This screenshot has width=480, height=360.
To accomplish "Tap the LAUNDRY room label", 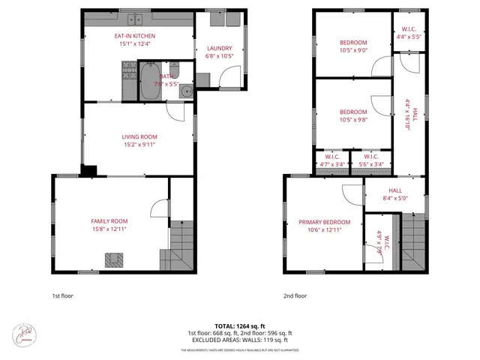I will [219, 49].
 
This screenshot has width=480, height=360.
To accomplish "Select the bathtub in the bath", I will [147, 81].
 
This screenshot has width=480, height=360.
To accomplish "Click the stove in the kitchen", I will [127, 71].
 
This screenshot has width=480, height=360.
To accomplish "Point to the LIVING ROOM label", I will [138, 136].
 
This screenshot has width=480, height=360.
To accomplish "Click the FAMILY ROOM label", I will [109, 221].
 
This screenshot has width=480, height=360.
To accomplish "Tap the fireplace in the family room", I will [114, 259].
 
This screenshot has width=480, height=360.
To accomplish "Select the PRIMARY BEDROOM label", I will [325, 222].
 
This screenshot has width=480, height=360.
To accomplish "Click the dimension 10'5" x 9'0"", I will [352, 51].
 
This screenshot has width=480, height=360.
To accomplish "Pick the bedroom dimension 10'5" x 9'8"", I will [352, 121].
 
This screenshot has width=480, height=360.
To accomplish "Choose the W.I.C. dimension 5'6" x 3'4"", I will [371, 164].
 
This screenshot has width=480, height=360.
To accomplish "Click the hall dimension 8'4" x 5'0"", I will [394, 199].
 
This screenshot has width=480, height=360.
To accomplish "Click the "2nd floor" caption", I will [295, 295].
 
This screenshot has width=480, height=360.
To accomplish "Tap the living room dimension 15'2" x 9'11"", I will [138, 145].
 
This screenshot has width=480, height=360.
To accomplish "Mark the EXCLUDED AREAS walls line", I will [240, 340].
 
